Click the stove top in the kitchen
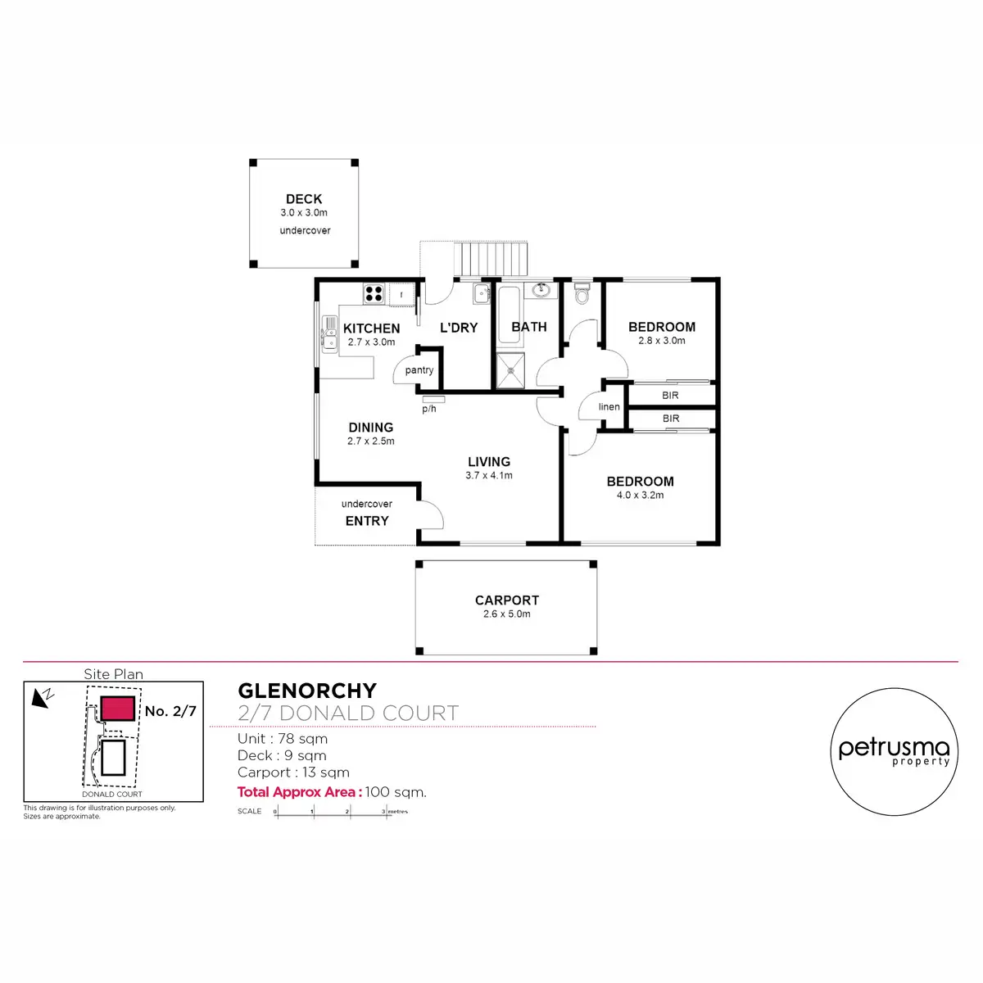374,293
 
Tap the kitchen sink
329,334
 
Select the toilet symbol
582,292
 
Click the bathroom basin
541,290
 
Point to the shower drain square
510,370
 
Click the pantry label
419,370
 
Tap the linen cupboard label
609,407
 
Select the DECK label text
304,199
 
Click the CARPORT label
507,600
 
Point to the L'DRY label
459,328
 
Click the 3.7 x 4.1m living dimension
489,475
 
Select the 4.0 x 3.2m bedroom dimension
640,495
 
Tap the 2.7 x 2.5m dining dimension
370,441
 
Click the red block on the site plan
117,709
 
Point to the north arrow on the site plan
42,697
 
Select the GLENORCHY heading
307,691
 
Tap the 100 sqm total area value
396,792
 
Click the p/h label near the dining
429,409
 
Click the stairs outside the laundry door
491,260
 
